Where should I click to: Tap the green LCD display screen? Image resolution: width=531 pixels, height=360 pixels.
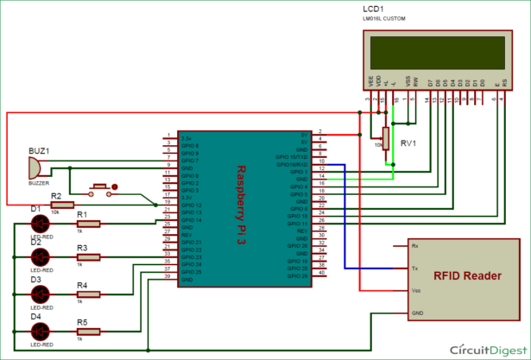point(435,53)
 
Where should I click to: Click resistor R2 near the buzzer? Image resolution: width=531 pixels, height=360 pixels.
point(62,205)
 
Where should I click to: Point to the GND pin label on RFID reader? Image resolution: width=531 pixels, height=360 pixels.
point(418,313)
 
